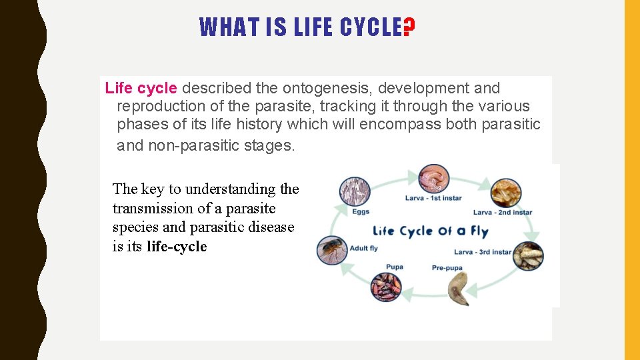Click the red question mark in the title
click(409, 27)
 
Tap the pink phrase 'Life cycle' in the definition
click(141, 88)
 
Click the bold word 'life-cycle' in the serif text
click(177, 246)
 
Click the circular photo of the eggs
click(355, 191)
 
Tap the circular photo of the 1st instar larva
click(433, 179)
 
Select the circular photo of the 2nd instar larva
click(506, 193)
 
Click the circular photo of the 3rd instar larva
click(528, 256)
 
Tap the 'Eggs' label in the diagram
click(360, 212)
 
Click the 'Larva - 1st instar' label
click(433, 198)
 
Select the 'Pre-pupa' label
click(447, 268)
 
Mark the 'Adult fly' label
click(363, 249)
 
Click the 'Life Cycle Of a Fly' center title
click(430, 231)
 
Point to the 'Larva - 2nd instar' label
click(502, 213)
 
